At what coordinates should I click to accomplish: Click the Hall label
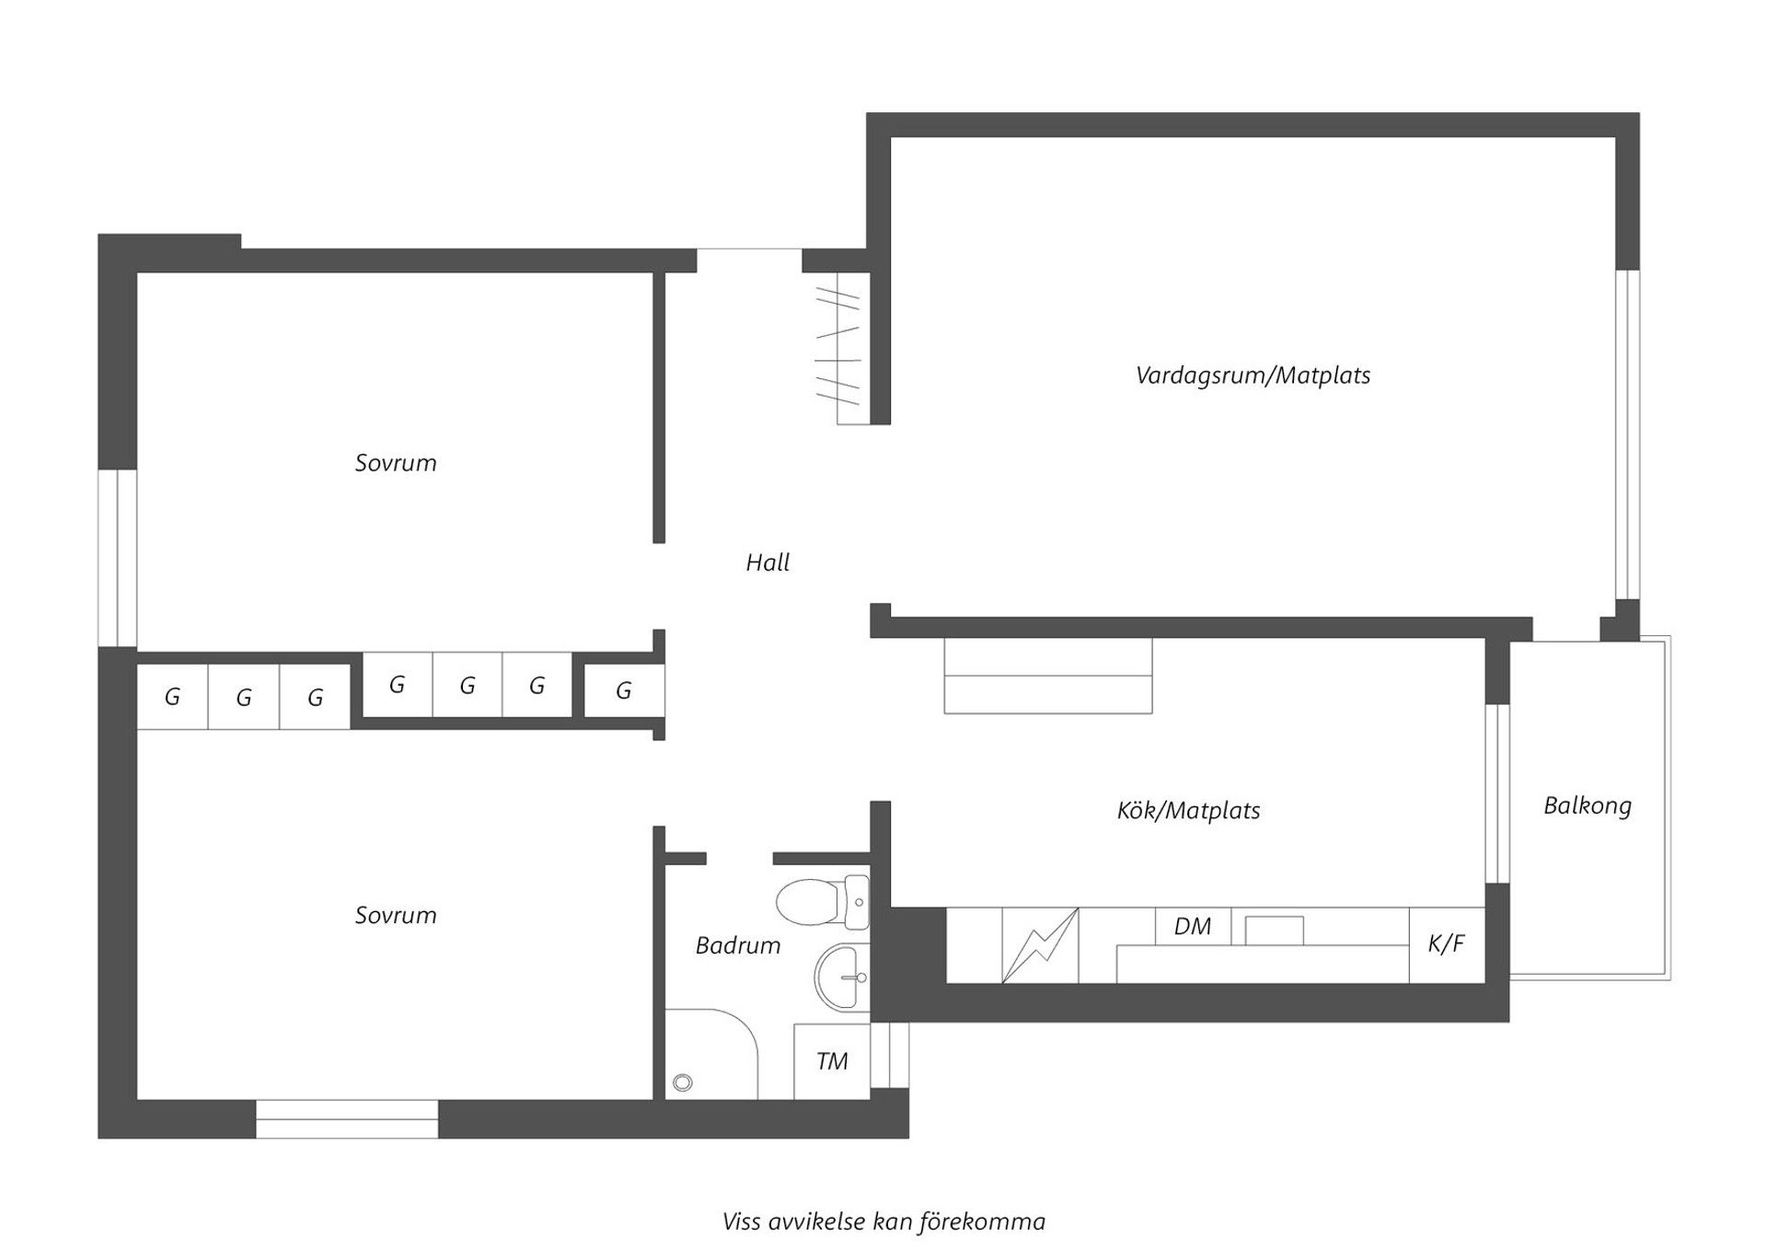coord(768,562)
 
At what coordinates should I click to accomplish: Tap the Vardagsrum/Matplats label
coord(1253,376)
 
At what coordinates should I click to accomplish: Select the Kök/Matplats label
coord(1188,811)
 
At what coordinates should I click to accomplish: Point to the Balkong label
coord(1588,806)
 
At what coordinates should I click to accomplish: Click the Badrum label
coord(738,945)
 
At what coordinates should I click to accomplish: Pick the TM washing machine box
coord(832,1061)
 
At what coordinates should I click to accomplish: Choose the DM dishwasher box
coord(1193,926)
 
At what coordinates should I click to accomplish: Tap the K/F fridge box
coord(1446,944)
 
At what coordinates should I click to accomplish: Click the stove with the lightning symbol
coord(1040,945)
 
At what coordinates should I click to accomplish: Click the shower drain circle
coord(683,1082)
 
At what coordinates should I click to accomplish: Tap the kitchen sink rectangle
coord(1274,931)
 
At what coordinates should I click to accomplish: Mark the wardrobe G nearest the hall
coord(624,690)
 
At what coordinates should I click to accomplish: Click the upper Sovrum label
coord(396,463)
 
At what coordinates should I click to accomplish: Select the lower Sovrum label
coord(396,916)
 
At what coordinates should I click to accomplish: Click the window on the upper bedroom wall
coord(118,558)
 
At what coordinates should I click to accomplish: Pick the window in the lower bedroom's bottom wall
coord(347,1119)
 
